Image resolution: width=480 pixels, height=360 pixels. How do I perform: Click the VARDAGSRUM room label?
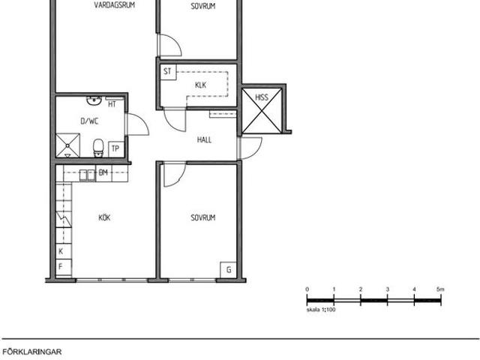(x=115, y=5)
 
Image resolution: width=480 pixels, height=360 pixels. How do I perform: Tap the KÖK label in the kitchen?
(x=104, y=217)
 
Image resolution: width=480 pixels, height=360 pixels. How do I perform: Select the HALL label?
(x=204, y=140)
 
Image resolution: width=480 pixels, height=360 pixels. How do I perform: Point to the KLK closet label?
(x=200, y=85)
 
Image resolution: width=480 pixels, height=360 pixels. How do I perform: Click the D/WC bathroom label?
(x=89, y=121)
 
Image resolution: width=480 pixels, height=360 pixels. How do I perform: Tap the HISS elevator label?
(x=262, y=97)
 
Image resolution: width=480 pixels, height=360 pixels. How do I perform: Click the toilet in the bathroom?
(x=98, y=148)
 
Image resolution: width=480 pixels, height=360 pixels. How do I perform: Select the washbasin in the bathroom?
(x=94, y=100)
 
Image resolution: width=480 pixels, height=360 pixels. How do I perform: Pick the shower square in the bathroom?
(x=67, y=145)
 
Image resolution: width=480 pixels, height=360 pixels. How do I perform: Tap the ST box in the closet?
(x=168, y=72)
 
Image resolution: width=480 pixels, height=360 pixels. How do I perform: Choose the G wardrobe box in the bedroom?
(x=228, y=270)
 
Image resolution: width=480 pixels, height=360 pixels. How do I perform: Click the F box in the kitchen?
(x=64, y=267)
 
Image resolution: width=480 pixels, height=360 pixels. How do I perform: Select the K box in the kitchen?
(x=64, y=251)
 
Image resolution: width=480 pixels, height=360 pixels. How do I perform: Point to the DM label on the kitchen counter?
(x=103, y=172)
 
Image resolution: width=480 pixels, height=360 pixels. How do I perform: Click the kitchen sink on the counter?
(x=88, y=175)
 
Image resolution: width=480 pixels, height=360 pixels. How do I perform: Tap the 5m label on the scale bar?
(x=440, y=289)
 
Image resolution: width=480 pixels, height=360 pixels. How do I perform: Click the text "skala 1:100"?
(x=321, y=310)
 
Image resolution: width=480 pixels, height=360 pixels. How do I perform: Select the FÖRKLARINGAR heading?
(x=32, y=352)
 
